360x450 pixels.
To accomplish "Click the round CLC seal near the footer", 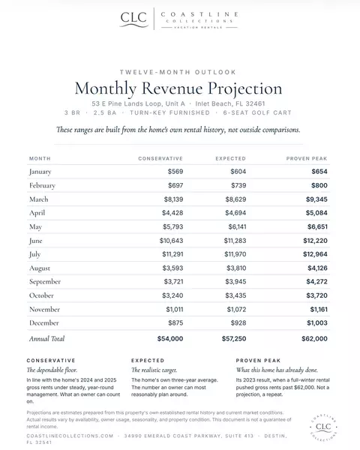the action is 323,427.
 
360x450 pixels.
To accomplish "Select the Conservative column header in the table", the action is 160,158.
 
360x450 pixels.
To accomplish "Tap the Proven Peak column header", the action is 307,158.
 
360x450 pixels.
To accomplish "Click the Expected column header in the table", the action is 230,158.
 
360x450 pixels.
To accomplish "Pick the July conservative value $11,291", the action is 172,254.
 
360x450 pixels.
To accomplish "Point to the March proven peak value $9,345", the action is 316,199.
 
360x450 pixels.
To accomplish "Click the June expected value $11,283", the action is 235,241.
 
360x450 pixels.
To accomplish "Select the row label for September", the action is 45,282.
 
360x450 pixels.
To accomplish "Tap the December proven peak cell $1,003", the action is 317,322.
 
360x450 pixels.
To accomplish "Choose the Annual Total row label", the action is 46,339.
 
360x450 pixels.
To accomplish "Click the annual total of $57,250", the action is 234,339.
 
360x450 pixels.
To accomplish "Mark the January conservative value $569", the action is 175,172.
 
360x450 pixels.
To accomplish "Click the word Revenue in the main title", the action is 172,88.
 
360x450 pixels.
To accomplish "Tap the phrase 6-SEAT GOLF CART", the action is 257,112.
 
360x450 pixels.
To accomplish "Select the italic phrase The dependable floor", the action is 52,370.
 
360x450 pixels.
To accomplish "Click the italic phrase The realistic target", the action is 154,370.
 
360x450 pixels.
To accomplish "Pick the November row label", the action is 44,309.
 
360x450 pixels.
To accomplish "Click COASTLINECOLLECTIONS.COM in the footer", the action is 70,436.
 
